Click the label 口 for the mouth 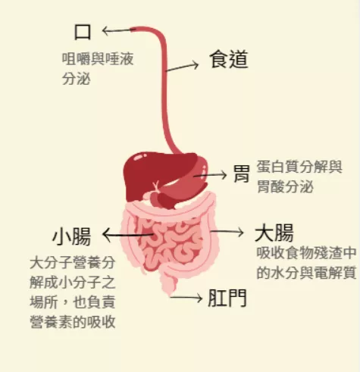click(x=83, y=32)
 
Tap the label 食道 click(x=229, y=59)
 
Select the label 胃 click(x=242, y=173)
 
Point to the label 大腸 click(x=274, y=233)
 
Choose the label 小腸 click(x=71, y=236)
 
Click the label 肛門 click(x=227, y=298)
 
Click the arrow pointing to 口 click(x=119, y=30)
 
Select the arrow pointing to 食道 click(x=182, y=66)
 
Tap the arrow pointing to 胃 click(x=210, y=175)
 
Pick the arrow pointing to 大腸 click(x=227, y=232)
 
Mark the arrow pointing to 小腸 click(x=128, y=235)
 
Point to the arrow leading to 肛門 click(x=186, y=298)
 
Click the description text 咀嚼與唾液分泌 click(x=98, y=69)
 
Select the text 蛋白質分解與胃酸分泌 click(x=299, y=177)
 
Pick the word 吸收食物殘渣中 click(x=306, y=253)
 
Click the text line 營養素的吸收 click(x=73, y=322)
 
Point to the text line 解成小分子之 click(x=73, y=282)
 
